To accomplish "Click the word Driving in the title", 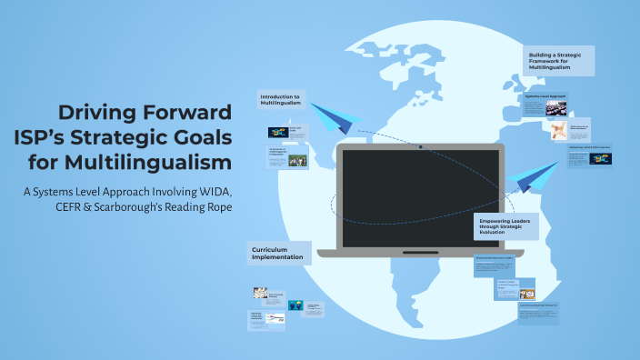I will click(97, 114).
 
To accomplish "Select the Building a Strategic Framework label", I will click(559, 61).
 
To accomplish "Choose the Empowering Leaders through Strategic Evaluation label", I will click(505, 226).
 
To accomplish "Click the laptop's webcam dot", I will click(421, 147).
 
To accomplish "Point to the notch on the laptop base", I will click(421, 252).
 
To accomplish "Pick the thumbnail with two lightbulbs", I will click(295, 305).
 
